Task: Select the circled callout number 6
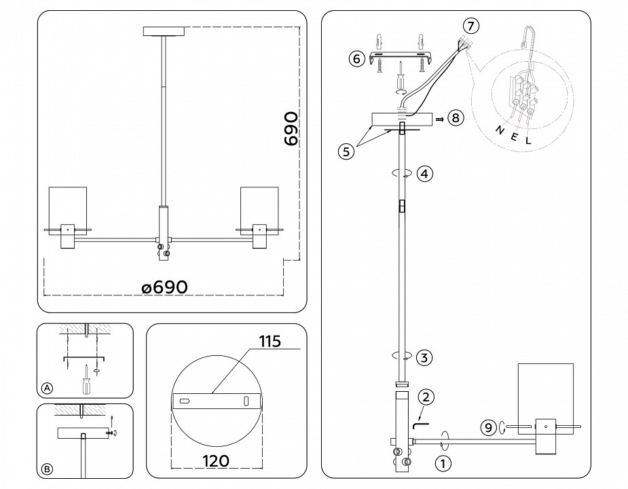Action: pos(356,58)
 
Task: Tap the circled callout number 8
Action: pos(455,118)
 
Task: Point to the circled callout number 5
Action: pos(346,151)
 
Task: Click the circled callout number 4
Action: pos(424,173)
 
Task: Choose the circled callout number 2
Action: pos(426,397)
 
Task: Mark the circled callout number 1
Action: pos(442,465)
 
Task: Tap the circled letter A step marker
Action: pos(47,388)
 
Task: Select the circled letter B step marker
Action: pos(47,469)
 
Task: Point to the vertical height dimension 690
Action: pos(291,129)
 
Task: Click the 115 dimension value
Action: pos(270,341)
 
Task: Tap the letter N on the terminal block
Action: pos(500,130)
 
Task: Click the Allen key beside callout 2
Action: pos(418,424)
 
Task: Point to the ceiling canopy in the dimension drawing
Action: pos(164,31)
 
